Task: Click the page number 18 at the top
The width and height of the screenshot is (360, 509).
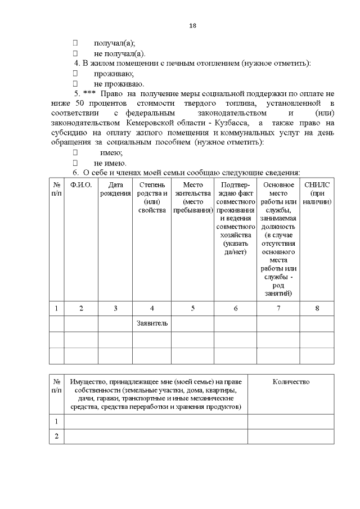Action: click(x=192, y=25)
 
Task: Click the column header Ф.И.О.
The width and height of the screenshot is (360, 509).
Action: click(x=81, y=185)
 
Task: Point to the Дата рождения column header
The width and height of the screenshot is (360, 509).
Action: click(x=115, y=189)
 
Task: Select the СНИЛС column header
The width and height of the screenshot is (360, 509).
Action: click(x=316, y=193)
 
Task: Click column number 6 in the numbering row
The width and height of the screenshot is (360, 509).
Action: click(x=235, y=308)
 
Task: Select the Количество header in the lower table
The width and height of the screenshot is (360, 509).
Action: click(x=291, y=382)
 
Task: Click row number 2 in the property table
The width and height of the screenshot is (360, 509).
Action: click(x=56, y=436)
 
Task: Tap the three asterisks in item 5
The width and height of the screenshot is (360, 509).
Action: click(x=89, y=94)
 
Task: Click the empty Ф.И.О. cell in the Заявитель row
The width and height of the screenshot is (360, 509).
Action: click(x=81, y=323)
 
